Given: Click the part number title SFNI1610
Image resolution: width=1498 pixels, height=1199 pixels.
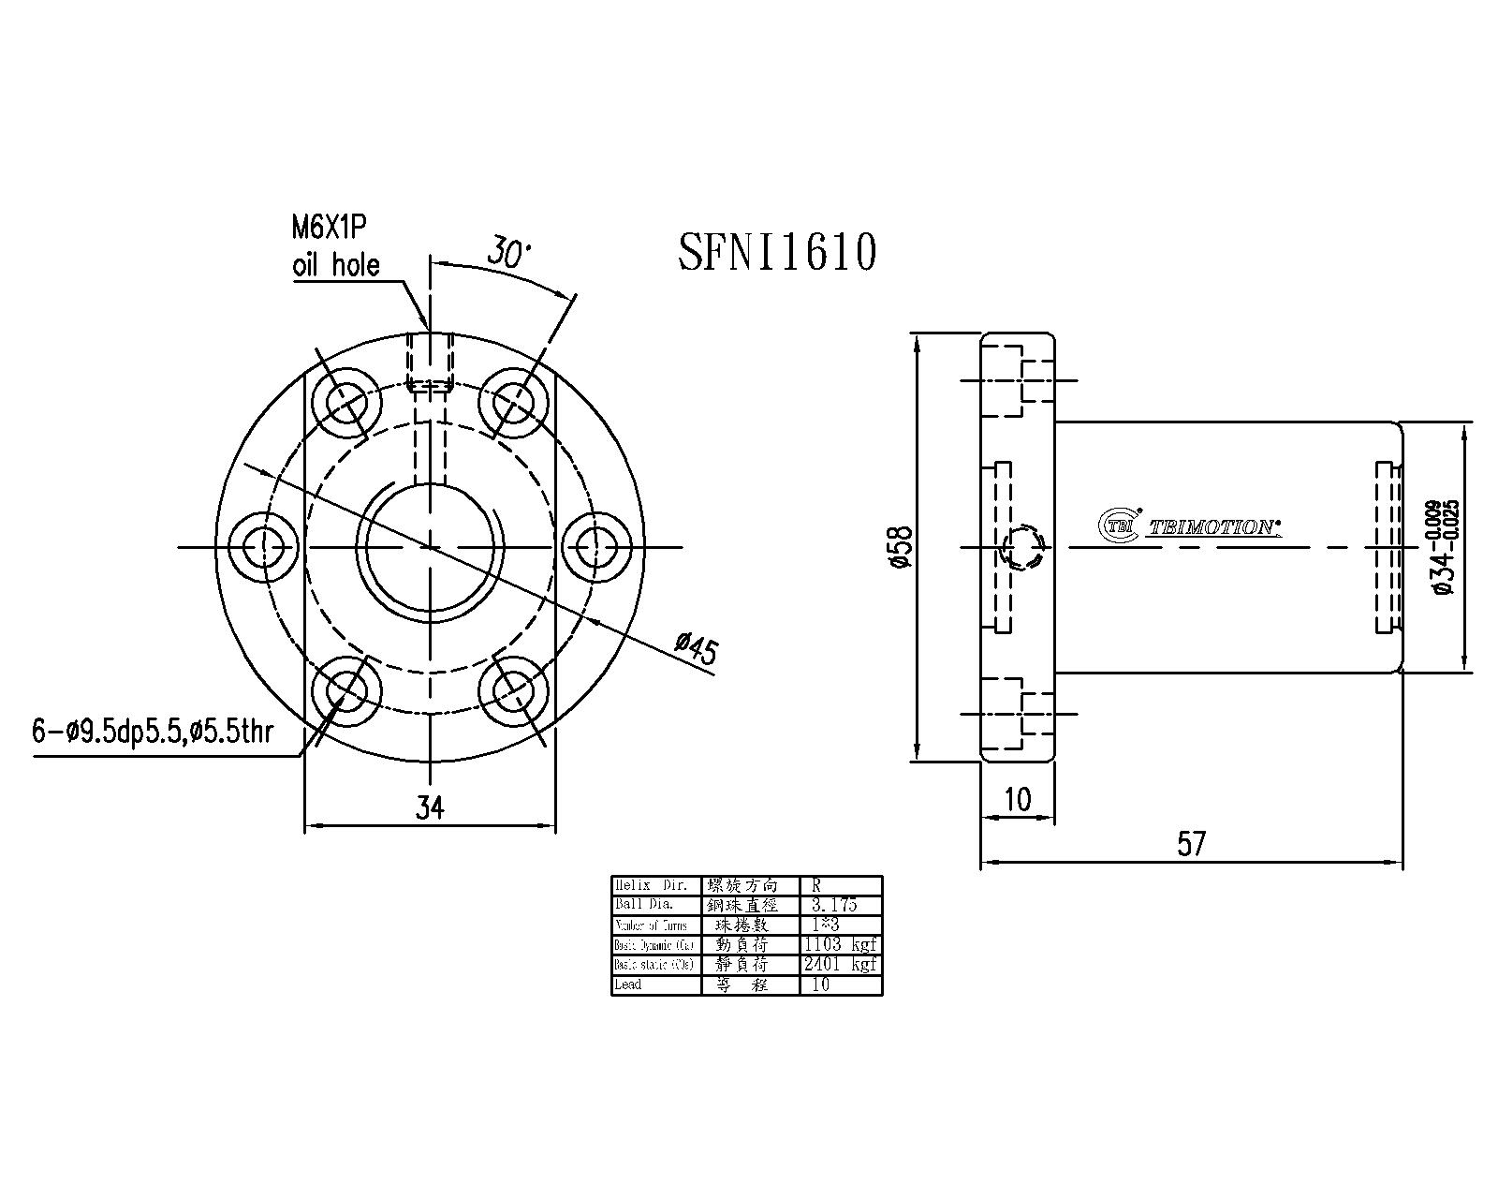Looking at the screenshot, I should click(x=777, y=252).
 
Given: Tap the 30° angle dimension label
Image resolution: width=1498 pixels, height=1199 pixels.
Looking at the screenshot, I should click(x=508, y=252).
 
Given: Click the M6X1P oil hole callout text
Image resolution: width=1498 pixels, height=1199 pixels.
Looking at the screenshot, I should click(x=335, y=247).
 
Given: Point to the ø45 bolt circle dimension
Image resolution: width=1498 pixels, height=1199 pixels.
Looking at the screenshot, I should click(x=697, y=649).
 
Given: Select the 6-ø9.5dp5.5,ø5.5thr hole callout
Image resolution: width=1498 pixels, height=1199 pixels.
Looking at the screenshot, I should click(x=153, y=732).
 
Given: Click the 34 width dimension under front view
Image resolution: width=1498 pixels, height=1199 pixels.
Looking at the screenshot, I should click(x=430, y=807).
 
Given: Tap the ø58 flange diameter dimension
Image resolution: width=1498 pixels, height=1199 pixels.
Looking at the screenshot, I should click(x=901, y=547).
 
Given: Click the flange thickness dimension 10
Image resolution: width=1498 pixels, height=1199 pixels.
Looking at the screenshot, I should click(x=1017, y=799).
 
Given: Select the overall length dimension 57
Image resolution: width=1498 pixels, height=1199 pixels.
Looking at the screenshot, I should click(x=1191, y=845).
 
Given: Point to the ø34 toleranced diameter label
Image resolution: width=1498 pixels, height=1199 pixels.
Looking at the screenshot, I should click(x=1443, y=547).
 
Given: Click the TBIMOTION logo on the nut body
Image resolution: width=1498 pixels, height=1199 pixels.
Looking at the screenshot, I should click(x=1189, y=526).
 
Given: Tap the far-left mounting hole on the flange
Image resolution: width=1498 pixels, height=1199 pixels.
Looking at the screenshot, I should click(x=266, y=546).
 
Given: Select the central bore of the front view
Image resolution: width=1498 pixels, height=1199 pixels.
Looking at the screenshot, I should click(x=430, y=546).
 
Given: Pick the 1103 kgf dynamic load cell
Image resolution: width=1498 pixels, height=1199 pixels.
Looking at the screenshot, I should click(x=840, y=944).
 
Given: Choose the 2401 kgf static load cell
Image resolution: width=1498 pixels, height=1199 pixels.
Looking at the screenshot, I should click(x=840, y=964).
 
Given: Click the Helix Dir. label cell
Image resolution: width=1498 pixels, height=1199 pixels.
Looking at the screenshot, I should click(x=655, y=885).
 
